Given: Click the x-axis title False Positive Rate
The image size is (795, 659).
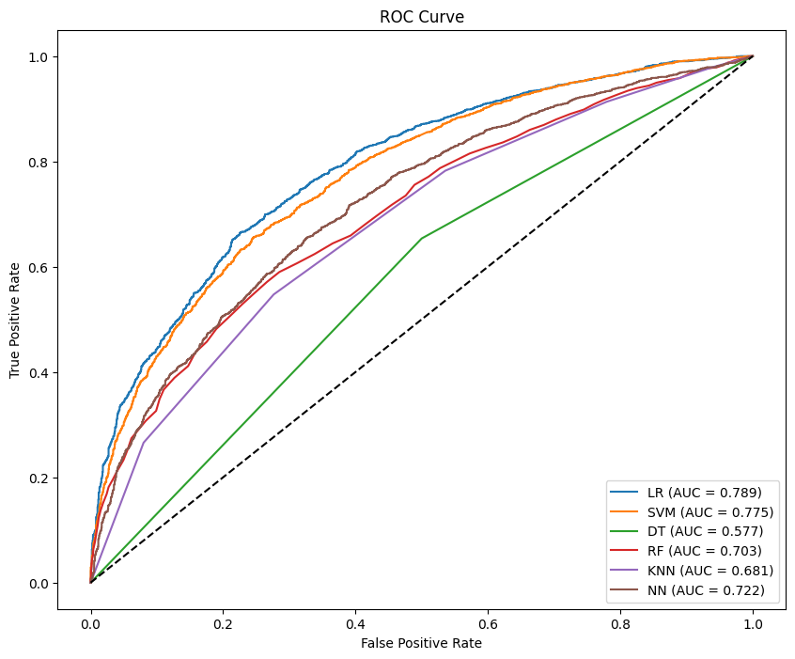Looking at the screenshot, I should [x=421, y=643].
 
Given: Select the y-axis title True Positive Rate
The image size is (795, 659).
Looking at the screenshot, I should [x=16, y=319].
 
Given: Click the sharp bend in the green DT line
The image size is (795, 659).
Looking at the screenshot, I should [x=422, y=239].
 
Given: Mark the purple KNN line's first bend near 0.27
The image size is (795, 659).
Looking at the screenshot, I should [x=143, y=442].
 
